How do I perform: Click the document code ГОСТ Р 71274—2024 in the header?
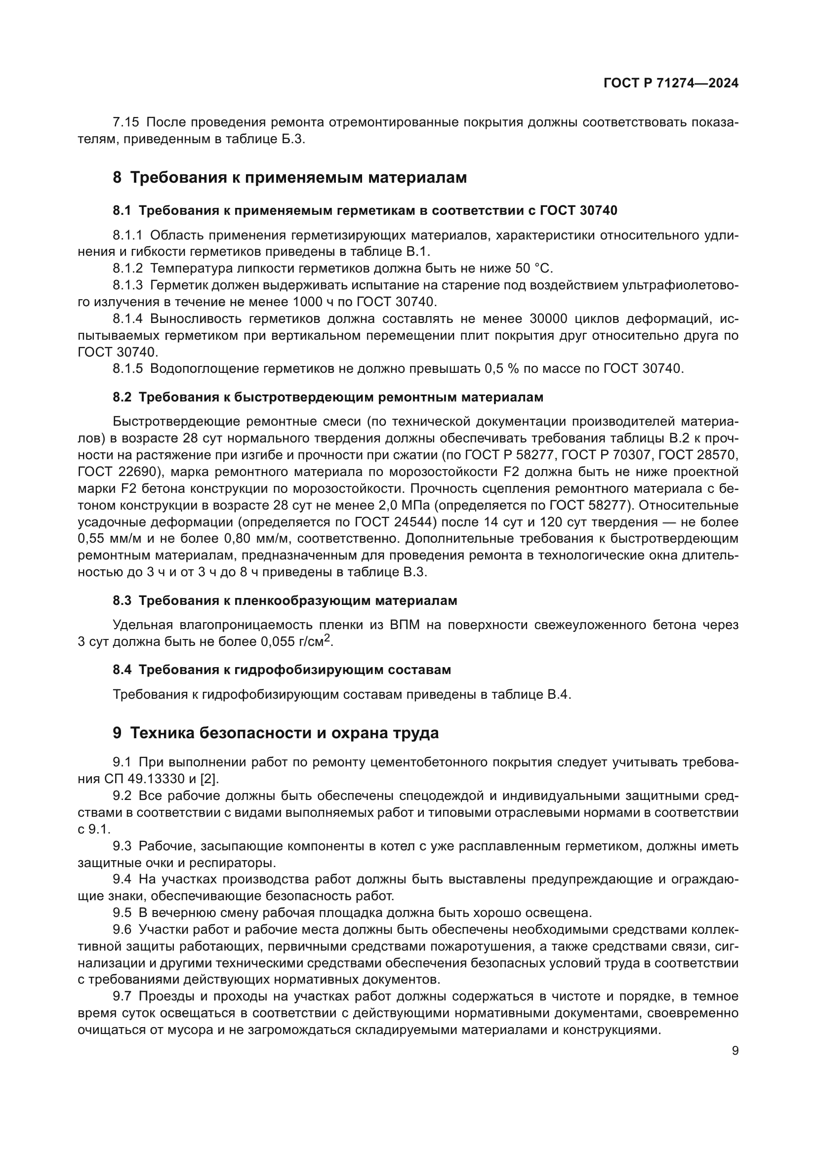pyautogui.click(x=671, y=83)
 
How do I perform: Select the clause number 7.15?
pyautogui.click(x=126, y=122)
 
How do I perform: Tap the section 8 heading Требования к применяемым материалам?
pyautogui.click(x=290, y=178)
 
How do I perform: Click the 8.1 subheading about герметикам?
pyautogui.click(x=365, y=211)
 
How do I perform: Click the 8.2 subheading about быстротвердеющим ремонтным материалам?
pyautogui.click(x=328, y=398)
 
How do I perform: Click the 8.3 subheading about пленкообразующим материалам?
pyautogui.click(x=285, y=600)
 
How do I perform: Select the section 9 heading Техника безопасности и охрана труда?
pyautogui.click(x=276, y=733)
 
